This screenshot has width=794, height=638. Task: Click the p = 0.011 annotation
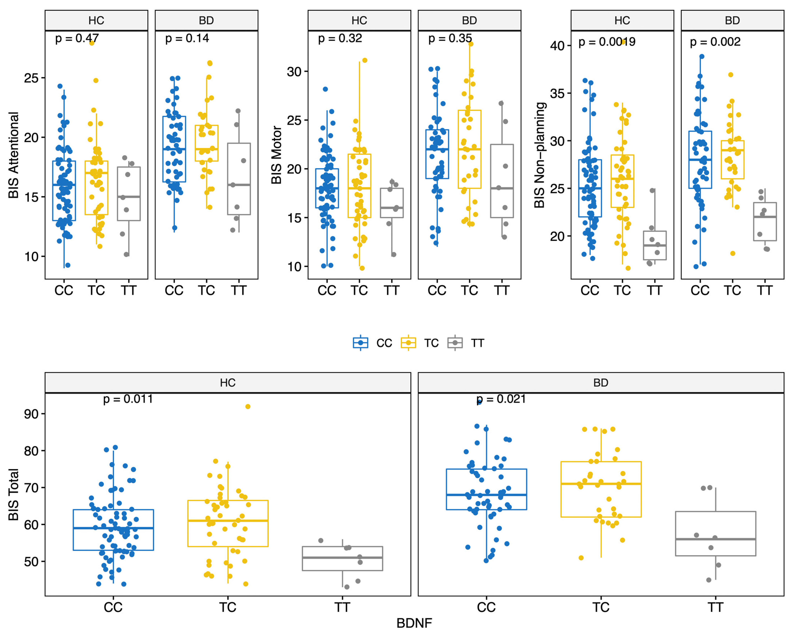click(128, 399)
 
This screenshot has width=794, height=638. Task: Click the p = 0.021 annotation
click(501, 399)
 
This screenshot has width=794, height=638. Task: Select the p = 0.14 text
click(187, 38)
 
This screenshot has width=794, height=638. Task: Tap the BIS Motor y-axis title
click(276, 155)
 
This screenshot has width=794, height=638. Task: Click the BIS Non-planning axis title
click(539, 155)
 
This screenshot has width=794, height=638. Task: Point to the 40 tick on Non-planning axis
click(557, 46)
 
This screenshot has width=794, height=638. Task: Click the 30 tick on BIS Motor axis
click(294, 72)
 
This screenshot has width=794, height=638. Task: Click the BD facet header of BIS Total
click(601, 383)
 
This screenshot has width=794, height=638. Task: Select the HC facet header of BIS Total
click(228, 383)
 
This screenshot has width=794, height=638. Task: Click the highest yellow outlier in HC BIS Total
click(248, 407)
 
